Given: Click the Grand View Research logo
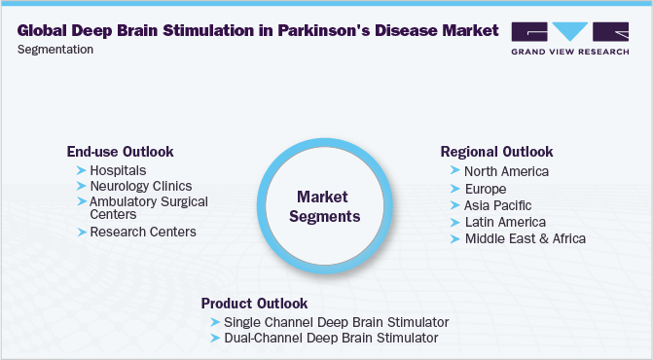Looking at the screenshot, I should (x=569, y=36).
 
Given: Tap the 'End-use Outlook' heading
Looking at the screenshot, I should (x=120, y=152).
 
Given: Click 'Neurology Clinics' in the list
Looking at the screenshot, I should (x=140, y=185).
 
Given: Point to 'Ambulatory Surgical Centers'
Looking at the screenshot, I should (x=148, y=207).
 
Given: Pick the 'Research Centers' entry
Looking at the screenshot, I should (x=142, y=232).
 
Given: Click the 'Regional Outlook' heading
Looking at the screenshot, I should (x=496, y=152).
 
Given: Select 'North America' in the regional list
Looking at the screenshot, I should (x=506, y=171).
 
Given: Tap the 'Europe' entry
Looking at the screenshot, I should (x=487, y=188).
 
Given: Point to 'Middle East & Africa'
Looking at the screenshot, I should (x=525, y=238).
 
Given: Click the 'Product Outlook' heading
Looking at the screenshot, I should (x=254, y=303).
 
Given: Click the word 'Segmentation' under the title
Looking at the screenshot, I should (x=55, y=49).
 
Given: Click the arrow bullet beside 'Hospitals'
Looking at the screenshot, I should (x=81, y=170).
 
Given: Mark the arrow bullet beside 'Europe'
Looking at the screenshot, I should (x=455, y=188).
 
